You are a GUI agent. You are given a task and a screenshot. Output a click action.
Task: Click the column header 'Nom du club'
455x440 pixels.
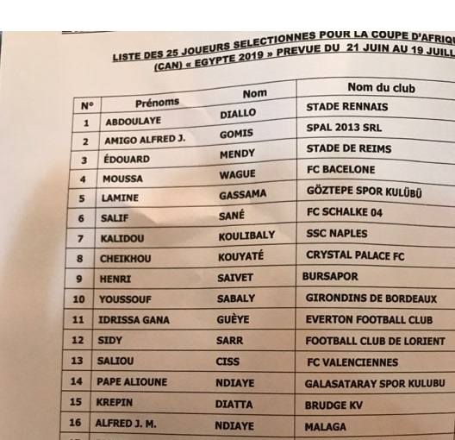click(x=381, y=88)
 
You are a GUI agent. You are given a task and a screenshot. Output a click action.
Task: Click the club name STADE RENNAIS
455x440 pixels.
click(x=346, y=108)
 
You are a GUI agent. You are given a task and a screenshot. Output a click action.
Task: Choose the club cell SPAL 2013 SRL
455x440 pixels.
click(x=344, y=128)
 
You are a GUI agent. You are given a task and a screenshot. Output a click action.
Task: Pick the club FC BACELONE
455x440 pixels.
click(x=341, y=169)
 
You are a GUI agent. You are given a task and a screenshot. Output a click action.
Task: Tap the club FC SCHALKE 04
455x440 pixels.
click(x=344, y=212)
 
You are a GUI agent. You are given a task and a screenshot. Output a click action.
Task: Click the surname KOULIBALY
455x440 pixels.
click(x=246, y=236)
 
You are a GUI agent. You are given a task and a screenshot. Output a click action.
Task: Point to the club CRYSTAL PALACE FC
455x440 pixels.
click(x=354, y=255)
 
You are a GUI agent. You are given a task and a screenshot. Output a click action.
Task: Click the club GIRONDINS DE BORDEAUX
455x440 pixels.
click(x=371, y=299)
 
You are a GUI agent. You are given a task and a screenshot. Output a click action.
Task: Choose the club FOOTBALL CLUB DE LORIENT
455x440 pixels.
click(x=374, y=341)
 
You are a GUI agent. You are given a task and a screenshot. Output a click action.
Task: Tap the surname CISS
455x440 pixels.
click(x=227, y=361)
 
